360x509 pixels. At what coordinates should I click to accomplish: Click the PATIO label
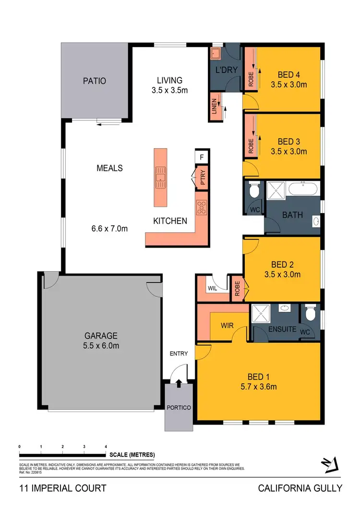coord(94,81)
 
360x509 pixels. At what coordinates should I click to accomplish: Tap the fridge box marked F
coord(202,157)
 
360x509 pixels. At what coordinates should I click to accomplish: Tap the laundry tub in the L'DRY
coord(217,54)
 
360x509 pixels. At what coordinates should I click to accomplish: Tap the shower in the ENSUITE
coord(263,314)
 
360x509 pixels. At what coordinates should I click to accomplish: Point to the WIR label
coord(227,325)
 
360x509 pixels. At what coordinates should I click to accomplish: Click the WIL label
coord(212,289)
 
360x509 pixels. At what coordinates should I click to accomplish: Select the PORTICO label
coord(180,407)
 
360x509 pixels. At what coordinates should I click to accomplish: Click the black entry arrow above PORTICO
coord(179,383)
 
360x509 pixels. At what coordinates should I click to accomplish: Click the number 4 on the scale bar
coord(106,446)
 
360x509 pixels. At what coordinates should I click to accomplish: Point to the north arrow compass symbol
coord(329,464)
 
